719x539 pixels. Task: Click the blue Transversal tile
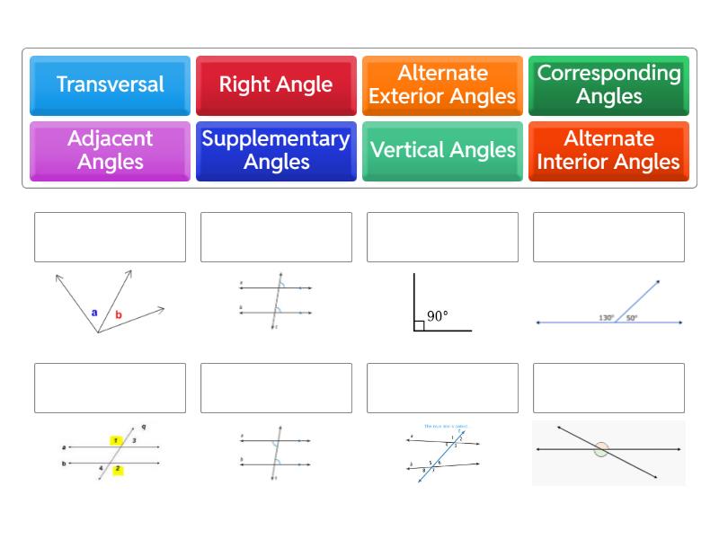point(110,85)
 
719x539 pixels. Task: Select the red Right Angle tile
point(276,85)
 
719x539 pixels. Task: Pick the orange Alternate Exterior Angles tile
point(442,85)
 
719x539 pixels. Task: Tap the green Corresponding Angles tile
point(608,85)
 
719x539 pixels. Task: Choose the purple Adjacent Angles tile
point(110,151)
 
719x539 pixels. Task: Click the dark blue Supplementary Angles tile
point(276,151)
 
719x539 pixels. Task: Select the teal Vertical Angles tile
point(442,151)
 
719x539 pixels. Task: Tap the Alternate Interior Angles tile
point(608,151)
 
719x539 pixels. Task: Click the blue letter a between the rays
point(94,313)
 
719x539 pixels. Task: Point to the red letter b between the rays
point(118,315)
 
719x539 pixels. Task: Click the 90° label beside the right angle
point(438,316)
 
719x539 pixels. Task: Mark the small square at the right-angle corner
point(419,325)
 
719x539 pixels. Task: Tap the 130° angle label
point(607,317)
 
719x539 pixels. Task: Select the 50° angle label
point(631,317)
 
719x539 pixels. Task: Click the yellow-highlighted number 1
point(116,440)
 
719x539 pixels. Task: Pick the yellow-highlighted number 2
point(118,469)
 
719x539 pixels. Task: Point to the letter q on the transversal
point(143,428)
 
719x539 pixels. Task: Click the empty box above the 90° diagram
point(442,237)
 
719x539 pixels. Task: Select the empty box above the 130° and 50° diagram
point(608,237)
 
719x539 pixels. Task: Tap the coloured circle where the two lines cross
point(601,449)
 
